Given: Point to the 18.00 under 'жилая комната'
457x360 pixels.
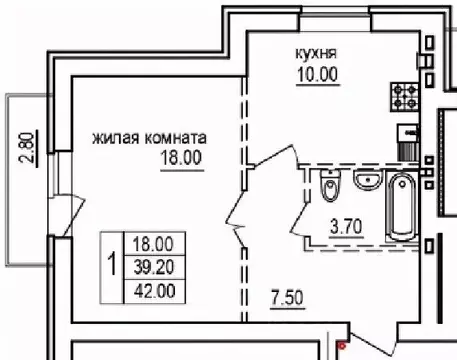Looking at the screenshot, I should [x=180, y=157].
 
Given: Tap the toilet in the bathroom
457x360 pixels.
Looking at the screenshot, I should [x=329, y=187].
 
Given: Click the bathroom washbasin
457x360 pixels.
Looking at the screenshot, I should [x=367, y=181].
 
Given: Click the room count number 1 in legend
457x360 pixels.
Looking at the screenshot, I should [x=110, y=266].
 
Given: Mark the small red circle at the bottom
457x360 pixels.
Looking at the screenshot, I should [x=341, y=346].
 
